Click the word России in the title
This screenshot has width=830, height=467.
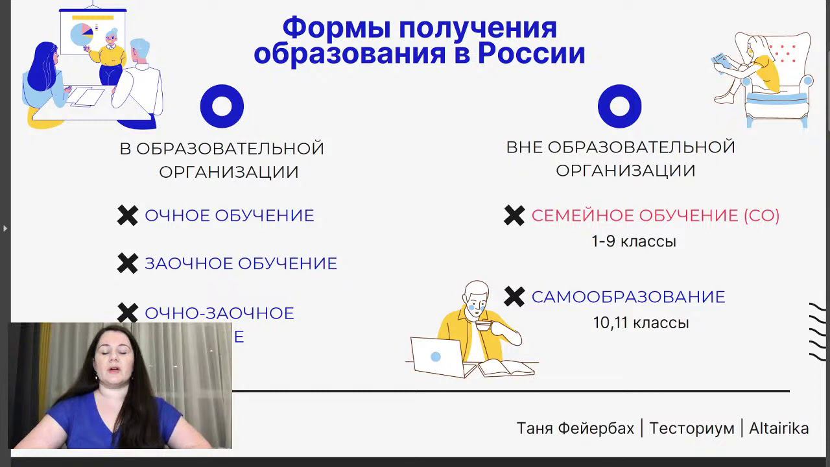point(531,53)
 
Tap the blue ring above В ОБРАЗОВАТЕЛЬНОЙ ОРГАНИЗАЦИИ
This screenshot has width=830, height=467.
point(222,106)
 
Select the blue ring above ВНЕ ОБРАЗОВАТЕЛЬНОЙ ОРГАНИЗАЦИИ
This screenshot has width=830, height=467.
point(619,106)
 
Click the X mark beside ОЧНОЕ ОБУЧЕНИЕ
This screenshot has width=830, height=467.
point(128,215)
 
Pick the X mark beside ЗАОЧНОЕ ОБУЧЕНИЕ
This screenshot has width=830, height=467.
point(128,263)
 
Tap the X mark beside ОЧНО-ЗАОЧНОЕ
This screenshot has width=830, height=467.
point(128,313)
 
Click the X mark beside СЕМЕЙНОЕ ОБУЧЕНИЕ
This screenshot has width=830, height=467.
point(514,215)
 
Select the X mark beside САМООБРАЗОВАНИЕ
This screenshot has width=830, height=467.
point(514,296)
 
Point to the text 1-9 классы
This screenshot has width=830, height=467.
point(634,241)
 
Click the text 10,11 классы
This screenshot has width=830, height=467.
point(641,322)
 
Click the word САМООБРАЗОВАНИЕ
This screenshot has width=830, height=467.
point(628,296)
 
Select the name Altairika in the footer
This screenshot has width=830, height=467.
point(779,428)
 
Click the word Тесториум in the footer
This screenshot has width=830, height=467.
point(691,428)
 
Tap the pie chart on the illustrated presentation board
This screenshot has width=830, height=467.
point(82,34)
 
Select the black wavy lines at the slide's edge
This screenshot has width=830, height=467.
point(817,331)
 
